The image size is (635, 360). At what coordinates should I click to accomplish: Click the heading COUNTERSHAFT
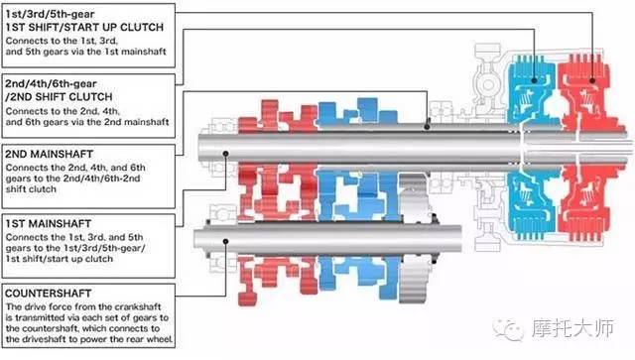tap(49, 294)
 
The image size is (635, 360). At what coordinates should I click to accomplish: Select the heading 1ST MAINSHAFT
tap(49, 223)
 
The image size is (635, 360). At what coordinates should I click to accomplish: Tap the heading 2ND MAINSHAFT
tap(49, 154)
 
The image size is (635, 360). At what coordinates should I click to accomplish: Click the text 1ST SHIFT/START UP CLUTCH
tap(84, 27)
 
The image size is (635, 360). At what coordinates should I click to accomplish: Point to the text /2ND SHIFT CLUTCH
tap(59, 97)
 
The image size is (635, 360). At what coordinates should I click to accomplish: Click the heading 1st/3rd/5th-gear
tap(50, 14)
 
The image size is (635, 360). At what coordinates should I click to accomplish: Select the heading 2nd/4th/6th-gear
tap(51, 84)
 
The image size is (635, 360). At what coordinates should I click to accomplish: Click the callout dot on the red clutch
tap(592, 80)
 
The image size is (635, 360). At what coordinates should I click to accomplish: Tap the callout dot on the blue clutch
tap(534, 80)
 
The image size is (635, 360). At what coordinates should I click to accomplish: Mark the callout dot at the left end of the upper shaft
tap(226, 154)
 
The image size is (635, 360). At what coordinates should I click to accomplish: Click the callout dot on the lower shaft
tap(226, 241)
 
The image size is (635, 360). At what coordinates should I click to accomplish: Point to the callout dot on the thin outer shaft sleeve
tap(427, 127)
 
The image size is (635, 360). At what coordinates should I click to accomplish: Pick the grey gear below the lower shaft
tap(413, 280)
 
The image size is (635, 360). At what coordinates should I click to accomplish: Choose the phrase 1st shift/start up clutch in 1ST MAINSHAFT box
tap(60, 259)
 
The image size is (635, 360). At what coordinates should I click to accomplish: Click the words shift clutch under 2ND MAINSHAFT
tap(31, 189)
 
